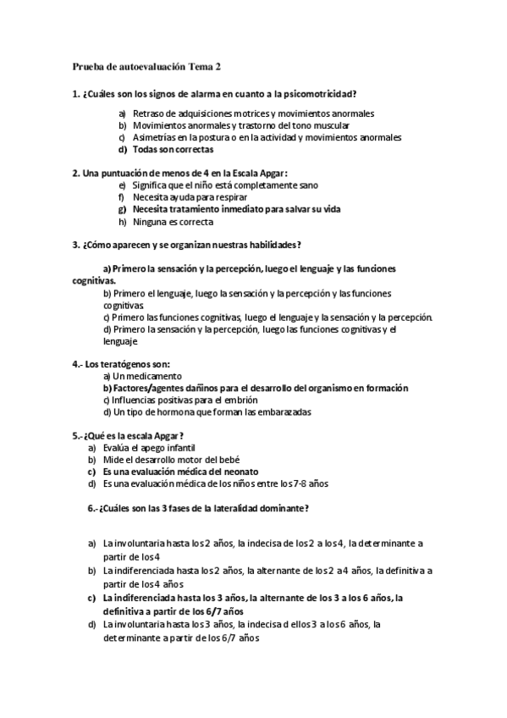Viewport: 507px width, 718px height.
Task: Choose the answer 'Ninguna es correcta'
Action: coord(173,222)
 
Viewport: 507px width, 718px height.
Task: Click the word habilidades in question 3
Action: coord(267,246)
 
